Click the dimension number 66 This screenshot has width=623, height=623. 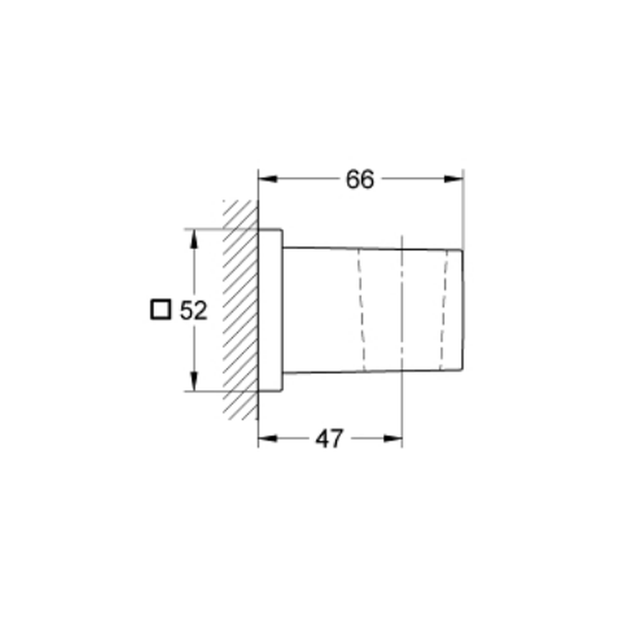pyautogui.click(x=359, y=179)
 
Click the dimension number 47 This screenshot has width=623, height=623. pyautogui.click(x=329, y=439)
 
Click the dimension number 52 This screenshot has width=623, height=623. pyautogui.click(x=194, y=310)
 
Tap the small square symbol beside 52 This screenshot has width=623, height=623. pyautogui.click(x=161, y=310)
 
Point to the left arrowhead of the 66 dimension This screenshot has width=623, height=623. pyautogui.click(x=268, y=179)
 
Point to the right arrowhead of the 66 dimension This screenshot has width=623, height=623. pyautogui.click(x=454, y=179)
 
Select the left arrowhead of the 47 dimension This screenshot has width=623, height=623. pyautogui.click(x=268, y=439)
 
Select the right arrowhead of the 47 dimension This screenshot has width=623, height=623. pyautogui.click(x=392, y=439)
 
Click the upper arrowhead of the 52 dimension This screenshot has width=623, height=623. pyautogui.click(x=194, y=239)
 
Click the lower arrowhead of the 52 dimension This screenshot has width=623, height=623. pyautogui.click(x=194, y=381)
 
